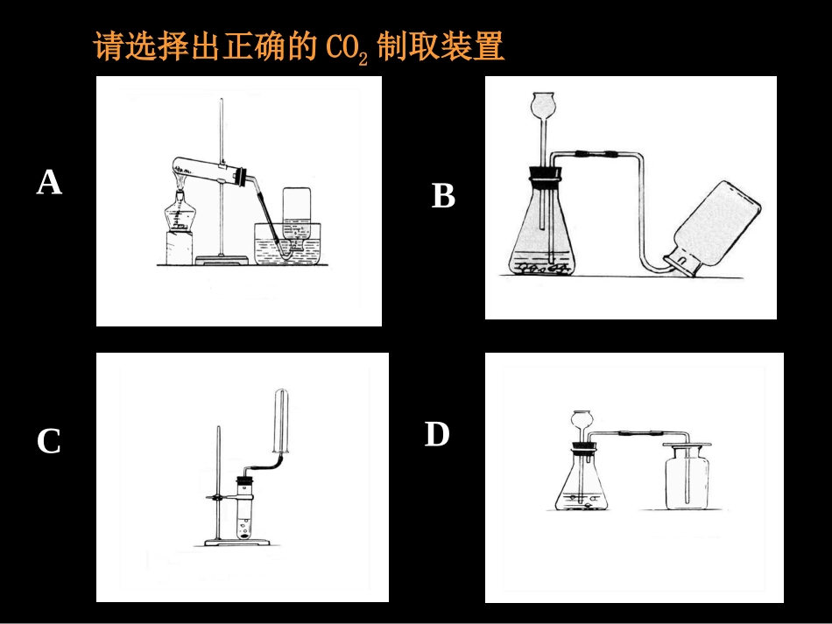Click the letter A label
[x=49, y=183]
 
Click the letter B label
[x=443, y=196]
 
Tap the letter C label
[x=49, y=442]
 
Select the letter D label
[x=437, y=434]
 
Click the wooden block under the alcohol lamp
[x=180, y=248]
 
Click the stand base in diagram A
[x=222, y=258]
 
